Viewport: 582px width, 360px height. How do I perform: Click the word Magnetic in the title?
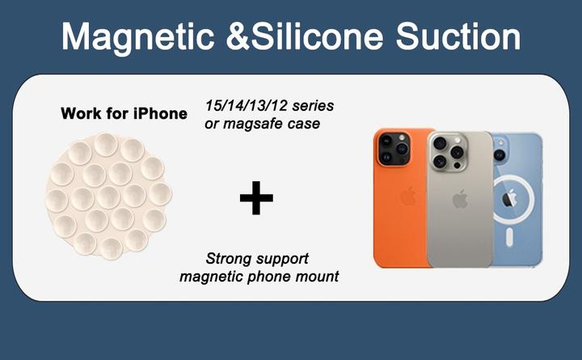coord(137,38)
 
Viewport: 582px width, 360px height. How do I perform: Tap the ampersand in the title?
coord(238,36)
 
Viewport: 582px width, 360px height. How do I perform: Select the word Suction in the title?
coord(458,36)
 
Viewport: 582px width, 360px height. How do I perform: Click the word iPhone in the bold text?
coord(160,113)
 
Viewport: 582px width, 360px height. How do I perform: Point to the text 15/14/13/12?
coord(247,106)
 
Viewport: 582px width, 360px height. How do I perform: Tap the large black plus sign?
coord(256,198)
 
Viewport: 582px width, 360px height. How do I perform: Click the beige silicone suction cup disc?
coord(108,196)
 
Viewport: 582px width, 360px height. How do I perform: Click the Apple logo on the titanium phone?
coord(460,199)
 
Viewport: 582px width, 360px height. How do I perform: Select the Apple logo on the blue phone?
coord(509,198)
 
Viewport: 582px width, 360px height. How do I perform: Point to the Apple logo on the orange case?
coord(408,196)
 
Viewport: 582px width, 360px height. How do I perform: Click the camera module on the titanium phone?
coord(448,152)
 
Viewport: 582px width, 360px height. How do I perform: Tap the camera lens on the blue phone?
coord(499,154)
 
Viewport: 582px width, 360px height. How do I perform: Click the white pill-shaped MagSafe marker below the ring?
coord(510,237)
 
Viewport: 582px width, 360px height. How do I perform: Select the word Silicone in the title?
coord(317,36)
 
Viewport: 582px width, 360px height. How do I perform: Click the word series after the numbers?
coord(313,106)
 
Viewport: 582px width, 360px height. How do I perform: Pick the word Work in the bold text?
coord(82,113)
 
